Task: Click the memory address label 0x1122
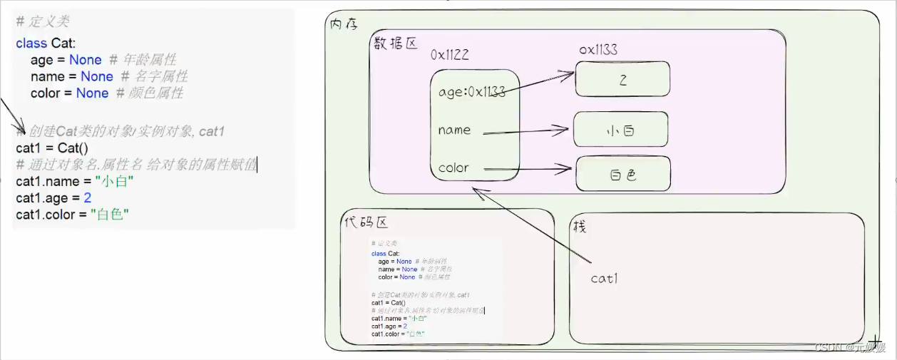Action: (450, 55)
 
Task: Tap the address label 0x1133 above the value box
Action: (598, 50)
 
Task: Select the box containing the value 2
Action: (622, 79)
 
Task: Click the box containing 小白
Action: (620, 130)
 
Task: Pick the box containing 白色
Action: (622, 174)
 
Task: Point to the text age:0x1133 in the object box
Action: (471, 92)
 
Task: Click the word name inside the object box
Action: (454, 130)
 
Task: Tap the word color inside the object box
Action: (453, 168)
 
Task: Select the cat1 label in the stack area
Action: (604, 279)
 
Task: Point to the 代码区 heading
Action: (365, 222)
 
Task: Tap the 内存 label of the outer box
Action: (343, 24)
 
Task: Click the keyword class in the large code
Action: (31, 43)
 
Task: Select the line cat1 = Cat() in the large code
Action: (51, 148)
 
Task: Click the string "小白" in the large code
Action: (118, 182)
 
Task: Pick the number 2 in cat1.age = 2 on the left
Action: (87, 198)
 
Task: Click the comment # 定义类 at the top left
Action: (43, 22)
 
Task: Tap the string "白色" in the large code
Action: (109, 215)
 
